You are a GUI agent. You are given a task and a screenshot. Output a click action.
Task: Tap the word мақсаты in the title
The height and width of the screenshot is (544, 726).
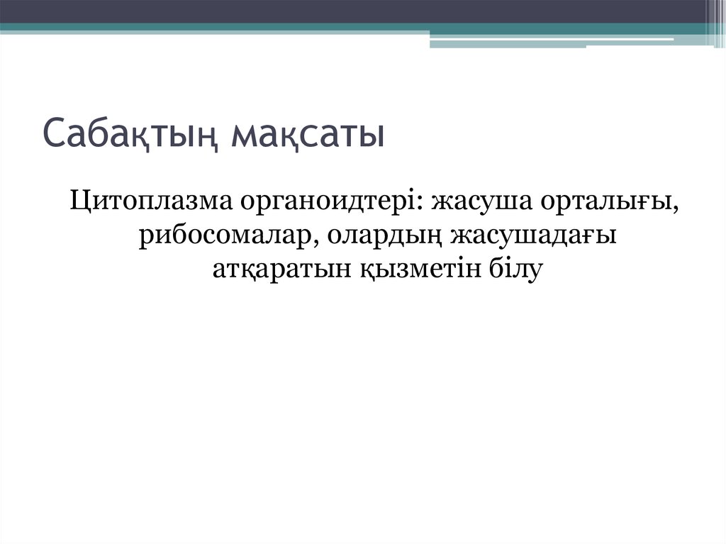click(308, 135)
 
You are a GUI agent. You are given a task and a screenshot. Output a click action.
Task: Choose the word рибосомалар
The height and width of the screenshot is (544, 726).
click(225, 236)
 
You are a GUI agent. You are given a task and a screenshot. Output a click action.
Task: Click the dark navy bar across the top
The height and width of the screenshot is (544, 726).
click(354, 11)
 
